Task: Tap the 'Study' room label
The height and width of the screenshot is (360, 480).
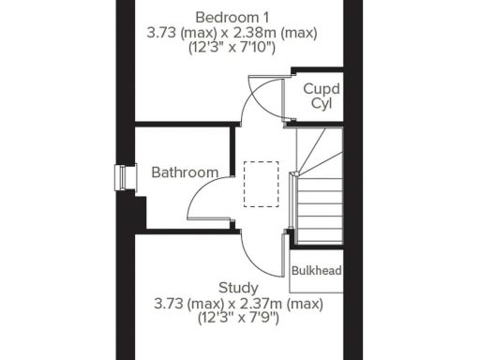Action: tap(238, 287)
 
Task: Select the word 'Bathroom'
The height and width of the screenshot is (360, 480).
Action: tap(185, 172)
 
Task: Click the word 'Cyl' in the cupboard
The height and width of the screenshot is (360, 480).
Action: tap(322, 103)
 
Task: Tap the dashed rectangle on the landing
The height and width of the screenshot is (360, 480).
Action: tap(261, 183)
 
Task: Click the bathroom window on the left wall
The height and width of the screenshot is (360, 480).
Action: tap(120, 177)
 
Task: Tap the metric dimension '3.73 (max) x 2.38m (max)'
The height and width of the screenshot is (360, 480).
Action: tap(232, 33)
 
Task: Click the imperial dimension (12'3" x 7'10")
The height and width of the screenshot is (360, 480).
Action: tap(232, 48)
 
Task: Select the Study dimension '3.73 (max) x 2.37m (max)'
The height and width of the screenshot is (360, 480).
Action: tap(238, 303)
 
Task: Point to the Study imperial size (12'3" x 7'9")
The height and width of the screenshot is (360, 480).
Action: tap(238, 318)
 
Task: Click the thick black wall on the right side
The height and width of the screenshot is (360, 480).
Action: tap(353, 187)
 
